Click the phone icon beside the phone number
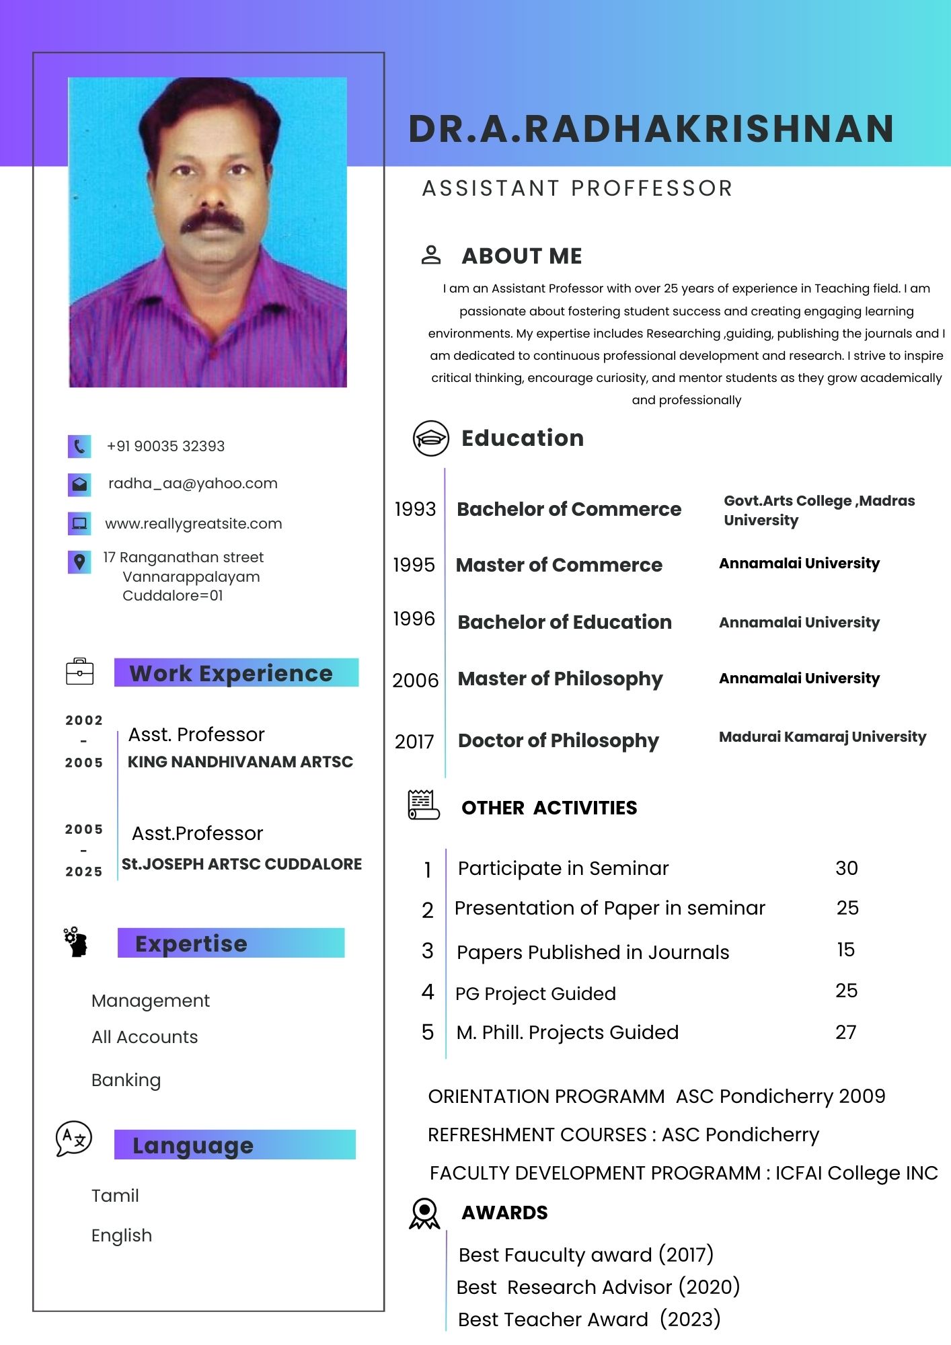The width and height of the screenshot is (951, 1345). click(79, 447)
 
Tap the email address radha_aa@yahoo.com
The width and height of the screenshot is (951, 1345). click(192, 484)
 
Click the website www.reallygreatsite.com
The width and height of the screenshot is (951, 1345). click(193, 524)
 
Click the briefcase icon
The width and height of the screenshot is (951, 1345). click(80, 672)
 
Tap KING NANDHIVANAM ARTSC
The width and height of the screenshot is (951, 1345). click(240, 762)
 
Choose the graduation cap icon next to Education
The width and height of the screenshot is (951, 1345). click(430, 438)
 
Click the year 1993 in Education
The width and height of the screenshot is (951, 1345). click(415, 509)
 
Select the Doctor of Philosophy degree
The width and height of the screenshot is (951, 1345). click(558, 740)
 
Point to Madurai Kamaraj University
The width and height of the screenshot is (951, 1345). click(822, 737)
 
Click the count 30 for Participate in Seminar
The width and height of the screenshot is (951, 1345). click(847, 868)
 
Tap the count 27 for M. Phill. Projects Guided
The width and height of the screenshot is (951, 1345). click(846, 1032)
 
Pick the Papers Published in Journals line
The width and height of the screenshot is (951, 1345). click(593, 952)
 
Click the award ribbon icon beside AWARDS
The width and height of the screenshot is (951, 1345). click(424, 1213)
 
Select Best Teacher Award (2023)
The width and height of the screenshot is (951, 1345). click(588, 1319)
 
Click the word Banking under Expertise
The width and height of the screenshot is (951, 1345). click(126, 1080)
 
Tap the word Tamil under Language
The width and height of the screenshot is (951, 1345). click(115, 1196)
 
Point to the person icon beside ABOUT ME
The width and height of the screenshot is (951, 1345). click(431, 256)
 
